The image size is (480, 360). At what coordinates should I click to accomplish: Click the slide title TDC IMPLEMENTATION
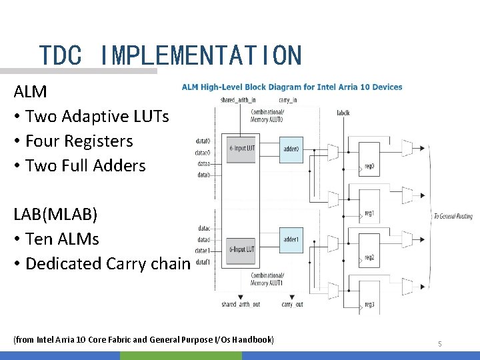170,55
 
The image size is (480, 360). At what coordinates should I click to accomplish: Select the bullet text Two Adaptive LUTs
97,117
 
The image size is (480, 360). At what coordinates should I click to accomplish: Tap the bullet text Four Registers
79,141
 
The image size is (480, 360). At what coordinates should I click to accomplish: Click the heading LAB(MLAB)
55,215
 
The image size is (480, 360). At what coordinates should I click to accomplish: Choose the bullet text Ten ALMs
62,239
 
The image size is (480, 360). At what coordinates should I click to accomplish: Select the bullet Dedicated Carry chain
107,264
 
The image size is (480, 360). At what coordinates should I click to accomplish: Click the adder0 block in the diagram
292,149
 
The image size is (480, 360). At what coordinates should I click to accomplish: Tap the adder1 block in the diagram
291,239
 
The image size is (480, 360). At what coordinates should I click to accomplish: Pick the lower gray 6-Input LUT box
241,249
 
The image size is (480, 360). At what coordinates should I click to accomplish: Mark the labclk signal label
343,113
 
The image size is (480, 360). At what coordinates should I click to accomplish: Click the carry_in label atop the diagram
287,100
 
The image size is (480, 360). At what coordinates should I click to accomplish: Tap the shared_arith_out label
241,305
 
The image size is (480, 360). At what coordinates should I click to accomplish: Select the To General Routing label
453,216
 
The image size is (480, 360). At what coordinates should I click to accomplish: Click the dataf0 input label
203,141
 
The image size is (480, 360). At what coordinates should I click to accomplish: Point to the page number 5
439,344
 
